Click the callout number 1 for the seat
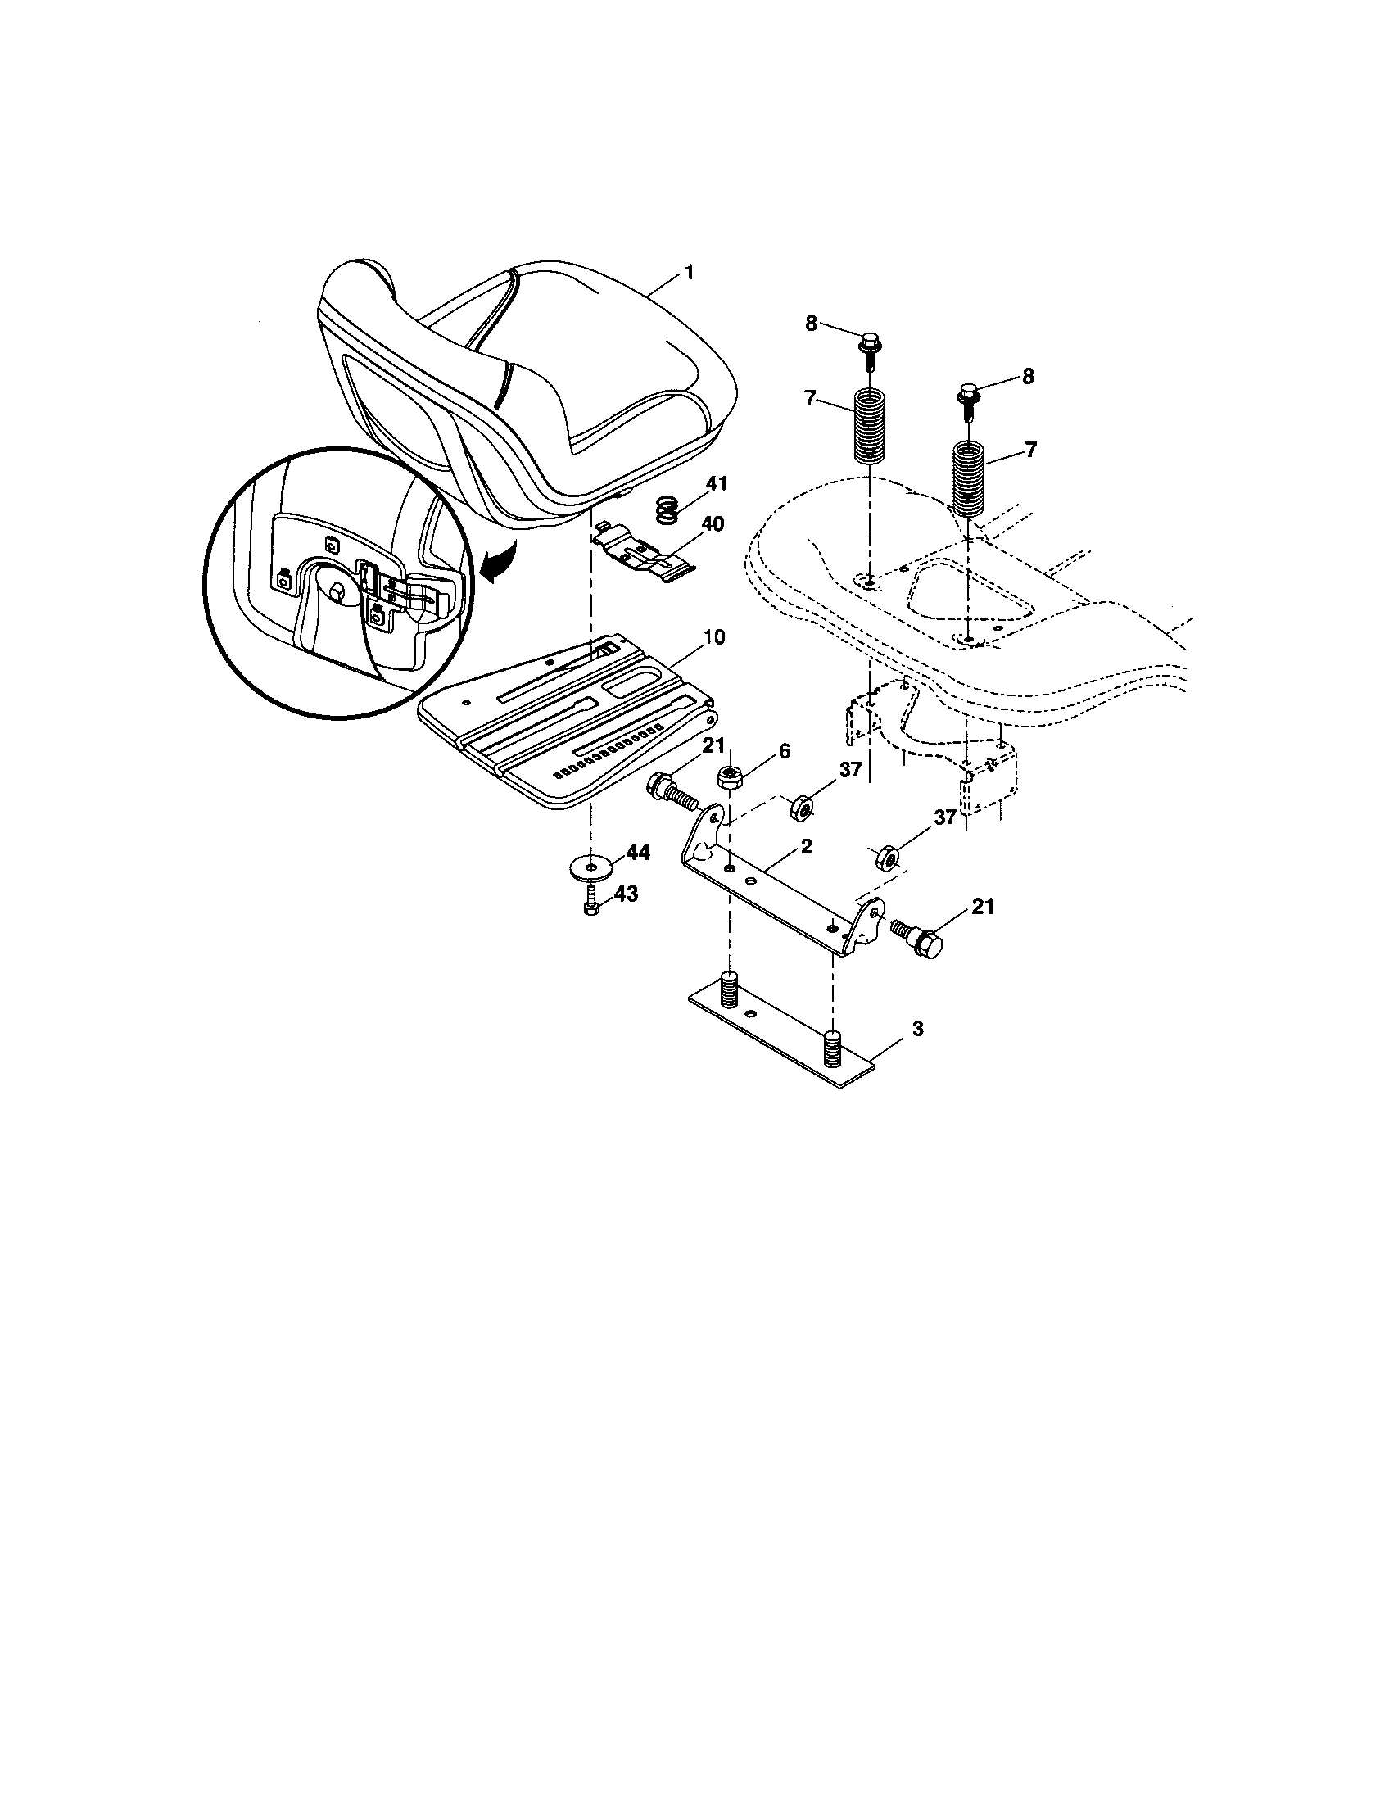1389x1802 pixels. click(x=689, y=272)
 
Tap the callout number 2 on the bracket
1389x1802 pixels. click(x=805, y=847)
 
